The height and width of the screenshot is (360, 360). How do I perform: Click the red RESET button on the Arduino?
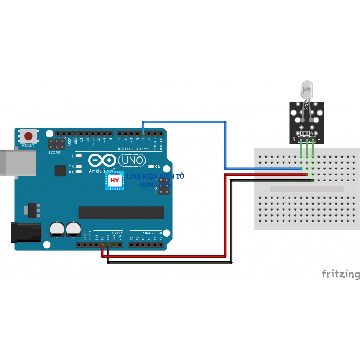tap(28, 136)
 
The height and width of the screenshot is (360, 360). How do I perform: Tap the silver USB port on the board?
tap(18, 162)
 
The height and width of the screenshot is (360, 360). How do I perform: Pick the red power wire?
tap(225, 218)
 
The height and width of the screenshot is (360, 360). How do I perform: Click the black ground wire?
tap(231, 225)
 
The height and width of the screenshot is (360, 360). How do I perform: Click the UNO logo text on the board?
tap(132, 161)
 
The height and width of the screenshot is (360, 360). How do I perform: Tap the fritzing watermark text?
tap(341, 274)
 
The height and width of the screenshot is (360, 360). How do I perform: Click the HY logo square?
tap(115, 181)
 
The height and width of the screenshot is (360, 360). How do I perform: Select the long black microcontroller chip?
tap(121, 212)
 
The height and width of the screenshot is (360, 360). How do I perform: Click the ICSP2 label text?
tap(54, 153)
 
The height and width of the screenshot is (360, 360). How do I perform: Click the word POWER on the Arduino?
tap(117, 233)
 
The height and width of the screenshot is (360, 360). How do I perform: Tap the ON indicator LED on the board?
tap(152, 166)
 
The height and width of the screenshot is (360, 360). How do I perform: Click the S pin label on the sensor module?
tap(294, 140)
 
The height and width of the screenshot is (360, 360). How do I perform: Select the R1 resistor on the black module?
tap(306, 134)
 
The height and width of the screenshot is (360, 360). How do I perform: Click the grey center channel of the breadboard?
tap(307, 189)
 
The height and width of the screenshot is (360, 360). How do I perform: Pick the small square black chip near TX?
tap(60, 171)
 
